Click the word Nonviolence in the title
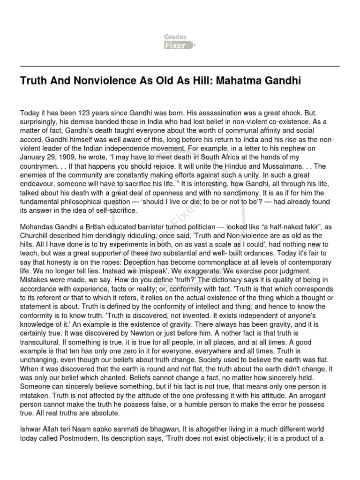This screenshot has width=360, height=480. pos(105,81)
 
